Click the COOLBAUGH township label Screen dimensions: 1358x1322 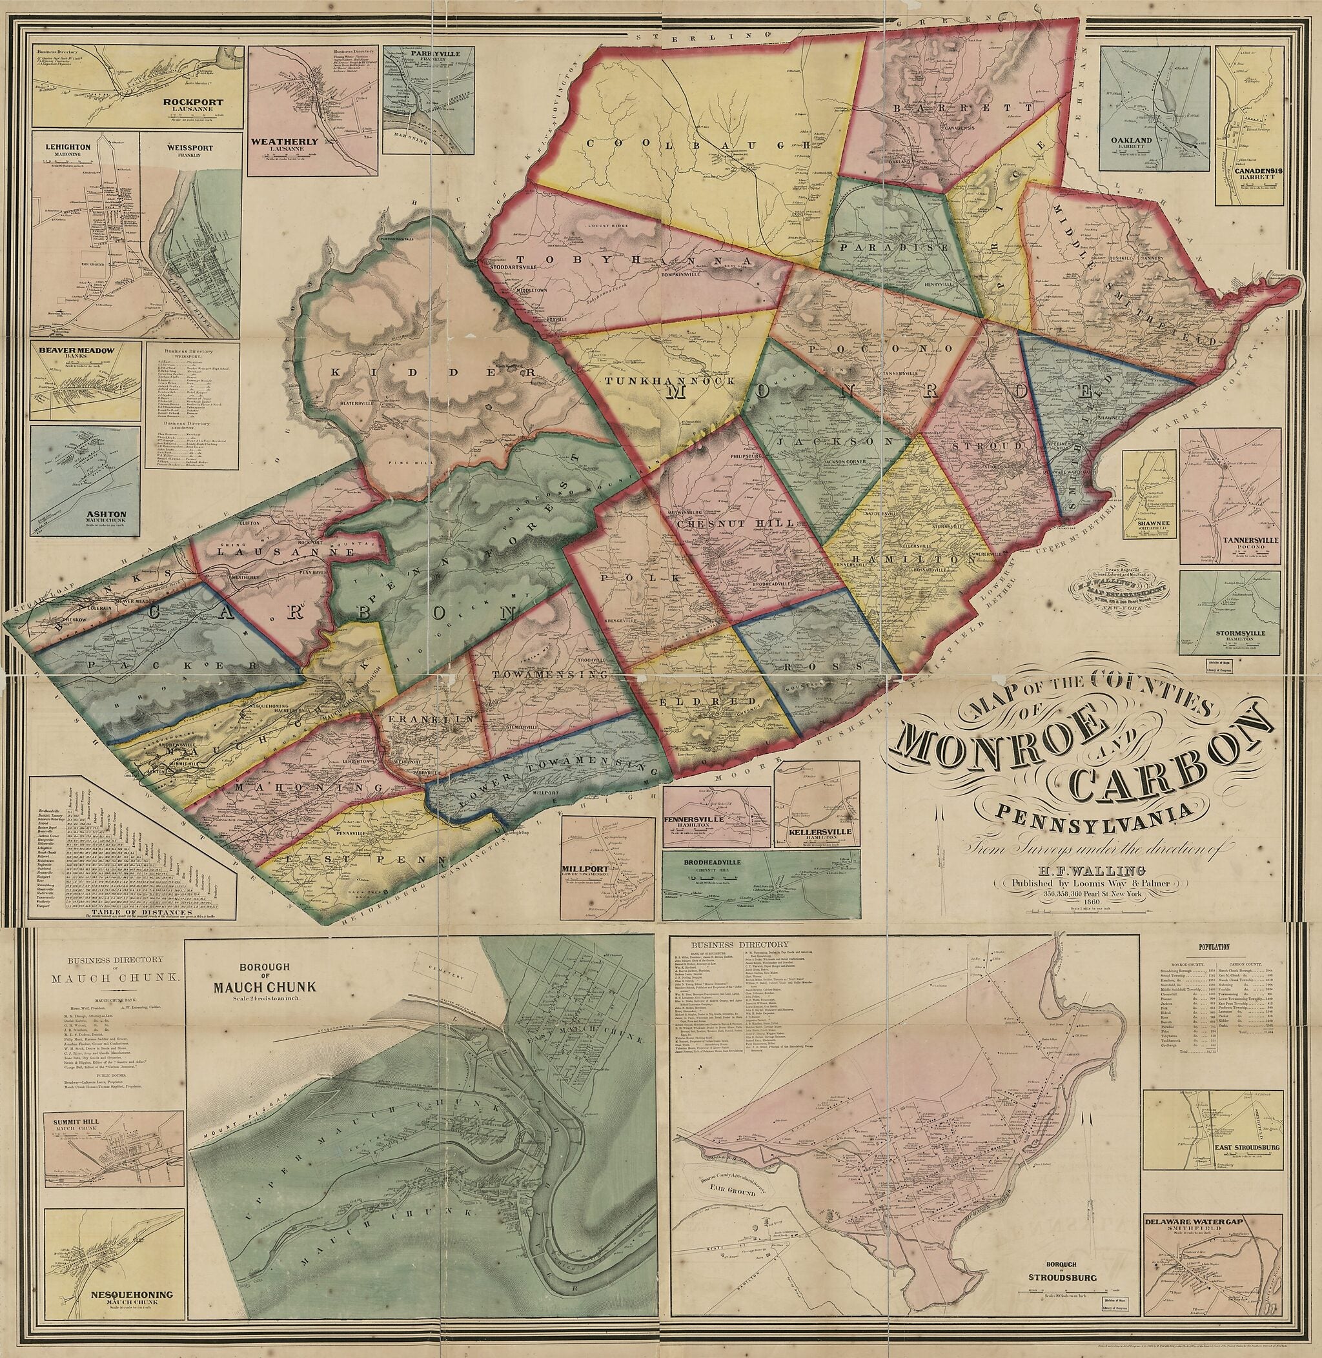pos(698,145)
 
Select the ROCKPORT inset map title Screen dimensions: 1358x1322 pos(194,102)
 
